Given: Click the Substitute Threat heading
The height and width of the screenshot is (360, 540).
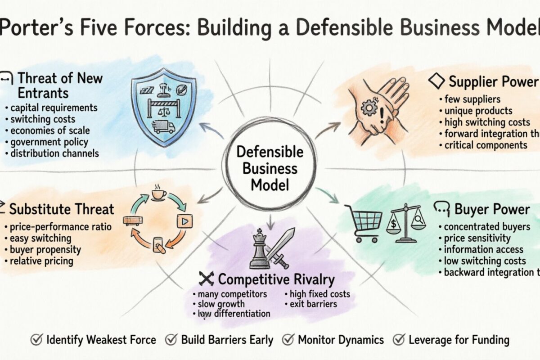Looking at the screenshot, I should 62,209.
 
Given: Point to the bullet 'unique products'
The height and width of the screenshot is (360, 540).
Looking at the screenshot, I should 478,111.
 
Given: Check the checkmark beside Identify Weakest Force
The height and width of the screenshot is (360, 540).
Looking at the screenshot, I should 36,340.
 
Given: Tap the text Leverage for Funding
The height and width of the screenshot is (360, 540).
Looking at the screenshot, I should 459,340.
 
